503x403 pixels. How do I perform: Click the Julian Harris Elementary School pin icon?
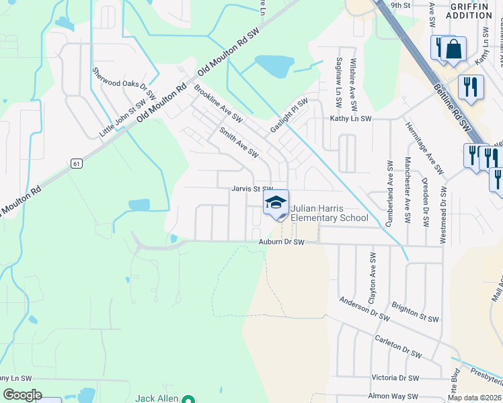[x=276, y=204]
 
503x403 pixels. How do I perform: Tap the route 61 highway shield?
[x=76, y=163]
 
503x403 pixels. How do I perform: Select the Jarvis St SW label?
[x=253, y=189]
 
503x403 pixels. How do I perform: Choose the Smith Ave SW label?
[x=237, y=142]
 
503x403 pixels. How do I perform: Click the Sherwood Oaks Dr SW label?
[x=124, y=83]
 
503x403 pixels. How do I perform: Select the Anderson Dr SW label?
[x=364, y=308]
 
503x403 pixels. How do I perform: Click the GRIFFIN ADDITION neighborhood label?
[x=469, y=10]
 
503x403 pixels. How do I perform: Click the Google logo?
[x=22, y=395]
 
